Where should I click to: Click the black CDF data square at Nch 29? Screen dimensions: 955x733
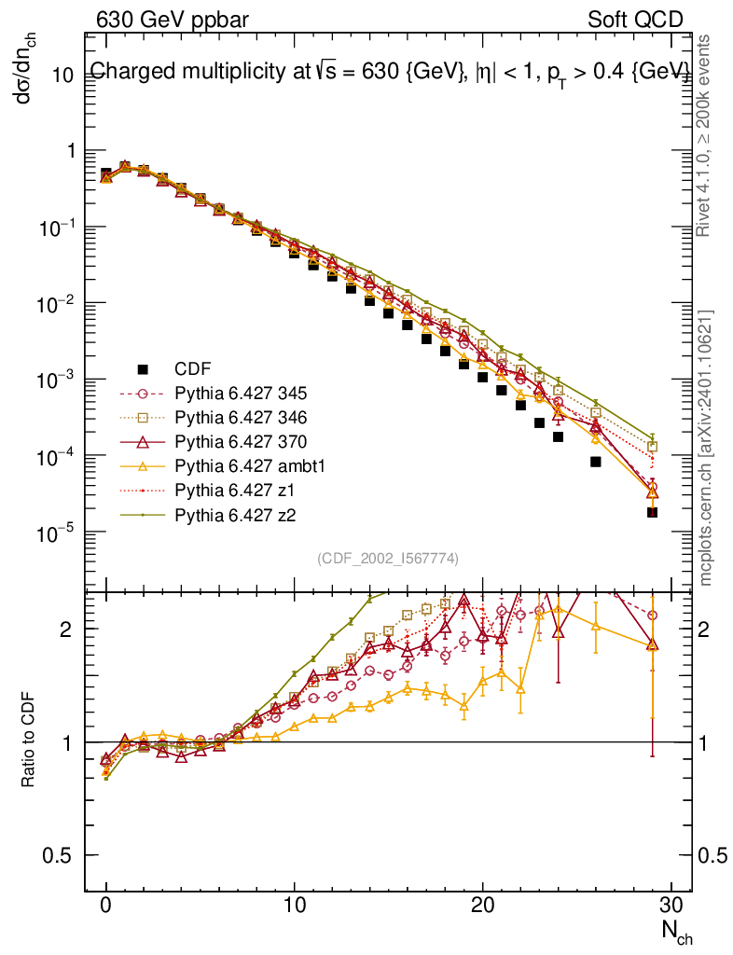(653, 512)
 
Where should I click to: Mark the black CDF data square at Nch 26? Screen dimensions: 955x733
(596, 462)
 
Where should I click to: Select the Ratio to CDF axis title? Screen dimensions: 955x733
(28, 736)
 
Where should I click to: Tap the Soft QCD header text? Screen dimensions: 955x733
(635, 20)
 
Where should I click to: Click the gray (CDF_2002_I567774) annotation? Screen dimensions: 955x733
(388, 559)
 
